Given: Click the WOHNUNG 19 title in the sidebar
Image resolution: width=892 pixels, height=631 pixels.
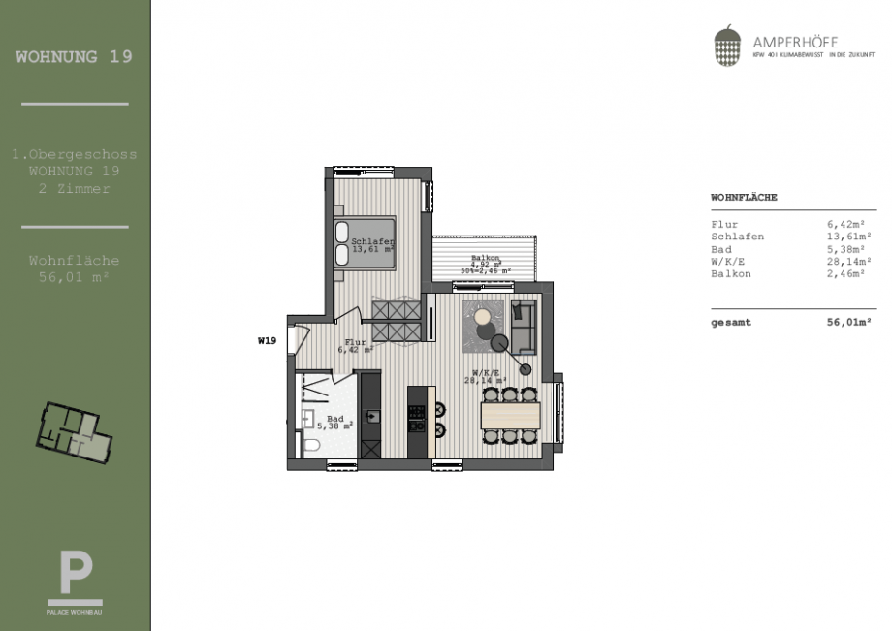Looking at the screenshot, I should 75,56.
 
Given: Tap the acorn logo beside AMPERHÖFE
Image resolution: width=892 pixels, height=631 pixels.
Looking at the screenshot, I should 727,47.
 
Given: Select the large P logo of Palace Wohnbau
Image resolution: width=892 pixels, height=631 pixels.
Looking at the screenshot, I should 75,572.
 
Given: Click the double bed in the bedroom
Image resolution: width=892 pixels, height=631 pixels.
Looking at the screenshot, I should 364,241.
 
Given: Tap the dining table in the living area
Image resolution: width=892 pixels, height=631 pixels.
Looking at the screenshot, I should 510,416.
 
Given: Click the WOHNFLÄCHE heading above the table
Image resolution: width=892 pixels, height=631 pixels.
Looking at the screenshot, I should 744,197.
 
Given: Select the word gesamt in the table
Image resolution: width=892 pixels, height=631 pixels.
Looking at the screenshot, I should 731,323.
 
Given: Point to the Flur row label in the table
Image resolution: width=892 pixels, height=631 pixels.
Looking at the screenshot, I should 724,225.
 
